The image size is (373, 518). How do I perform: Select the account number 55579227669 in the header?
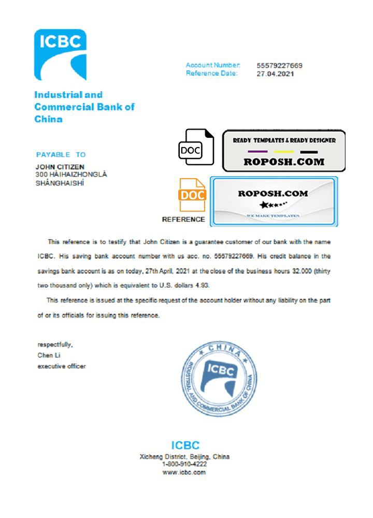[279, 66]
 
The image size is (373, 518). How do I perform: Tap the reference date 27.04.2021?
[276, 74]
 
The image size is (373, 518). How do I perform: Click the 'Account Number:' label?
[213, 65]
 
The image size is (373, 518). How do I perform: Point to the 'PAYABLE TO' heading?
[61, 154]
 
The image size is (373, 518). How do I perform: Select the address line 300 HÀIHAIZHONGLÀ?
[71, 175]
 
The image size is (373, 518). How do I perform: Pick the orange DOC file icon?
[192, 195]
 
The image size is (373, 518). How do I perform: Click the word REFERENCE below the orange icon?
[183, 219]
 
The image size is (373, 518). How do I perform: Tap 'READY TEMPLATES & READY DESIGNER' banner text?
[284, 140]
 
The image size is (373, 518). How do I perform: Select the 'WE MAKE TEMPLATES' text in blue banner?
[273, 215]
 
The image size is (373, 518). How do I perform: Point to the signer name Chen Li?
[49, 355]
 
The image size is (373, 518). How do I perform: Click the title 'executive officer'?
[62, 366]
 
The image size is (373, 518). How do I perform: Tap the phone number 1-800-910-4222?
[185, 465]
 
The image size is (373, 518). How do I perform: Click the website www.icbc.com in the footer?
[184, 472]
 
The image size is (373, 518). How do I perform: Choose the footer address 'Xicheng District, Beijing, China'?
[185, 457]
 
